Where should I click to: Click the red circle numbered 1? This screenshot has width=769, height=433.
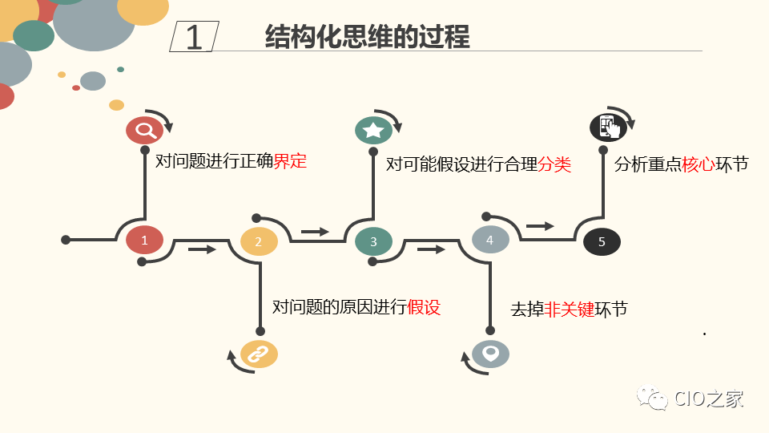pos(144,240)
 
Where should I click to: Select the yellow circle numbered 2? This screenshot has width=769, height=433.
pos(259,241)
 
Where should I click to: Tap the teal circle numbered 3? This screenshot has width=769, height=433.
pos(373,241)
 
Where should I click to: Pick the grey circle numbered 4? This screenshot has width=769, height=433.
pos(490,239)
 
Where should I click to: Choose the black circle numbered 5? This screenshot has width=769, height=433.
pos(602,241)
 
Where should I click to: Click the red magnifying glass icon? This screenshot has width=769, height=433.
pos(144,130)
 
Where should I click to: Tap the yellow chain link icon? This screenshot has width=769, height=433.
pos(259,354)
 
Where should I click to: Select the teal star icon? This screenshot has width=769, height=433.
pos(373,130)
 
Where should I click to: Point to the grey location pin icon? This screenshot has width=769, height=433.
pos(490,353)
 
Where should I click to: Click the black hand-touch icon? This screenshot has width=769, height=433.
pos(606,127)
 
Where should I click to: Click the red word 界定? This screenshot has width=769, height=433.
pos(290,161)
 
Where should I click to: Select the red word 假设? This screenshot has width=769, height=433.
pos(424,307)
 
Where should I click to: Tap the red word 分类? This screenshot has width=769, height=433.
pos(554,164)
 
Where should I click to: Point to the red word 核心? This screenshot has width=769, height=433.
pos(698,164)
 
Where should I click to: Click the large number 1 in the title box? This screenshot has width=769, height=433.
pos(194,38)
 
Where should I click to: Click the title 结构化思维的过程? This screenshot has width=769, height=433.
pos(367,37)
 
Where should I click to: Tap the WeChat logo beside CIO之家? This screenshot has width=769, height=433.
pos(652,399)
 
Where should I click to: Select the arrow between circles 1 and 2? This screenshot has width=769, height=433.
pos(202,249)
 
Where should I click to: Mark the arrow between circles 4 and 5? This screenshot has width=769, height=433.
pos(540,226)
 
